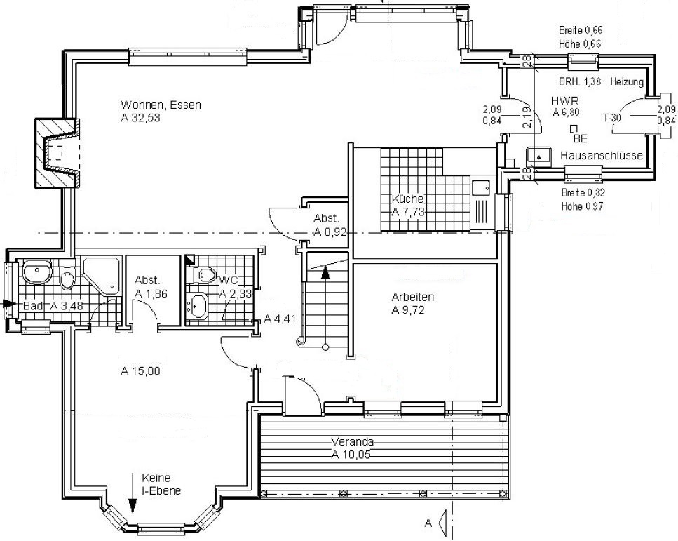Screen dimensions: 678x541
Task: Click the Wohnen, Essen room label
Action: click(161, 105)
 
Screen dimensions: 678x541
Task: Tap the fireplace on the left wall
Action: click(57, 153)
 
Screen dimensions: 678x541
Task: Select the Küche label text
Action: click(408, 199)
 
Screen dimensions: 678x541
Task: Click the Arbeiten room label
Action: click(412, 298)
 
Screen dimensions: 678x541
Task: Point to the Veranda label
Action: click(353, 442)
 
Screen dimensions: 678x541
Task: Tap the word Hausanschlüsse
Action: click(602, 155)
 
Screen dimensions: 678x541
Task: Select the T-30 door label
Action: click(612, 117)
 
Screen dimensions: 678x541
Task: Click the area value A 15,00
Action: click(140, 371)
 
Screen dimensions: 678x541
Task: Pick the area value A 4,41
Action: click(280, 319)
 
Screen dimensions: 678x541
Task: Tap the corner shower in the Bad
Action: click(100, 277)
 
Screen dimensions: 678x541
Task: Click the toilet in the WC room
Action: click(206, 275)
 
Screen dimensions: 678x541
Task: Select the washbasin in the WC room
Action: click(198, 305)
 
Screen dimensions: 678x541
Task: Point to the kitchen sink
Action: click(481, 188)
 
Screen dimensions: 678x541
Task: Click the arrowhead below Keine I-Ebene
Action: click(133, 505)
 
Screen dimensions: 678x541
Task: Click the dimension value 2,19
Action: click(527, 117)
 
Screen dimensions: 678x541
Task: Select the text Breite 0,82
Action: click(583, 193)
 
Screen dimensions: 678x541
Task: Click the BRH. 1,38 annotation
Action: click(579, 81)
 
